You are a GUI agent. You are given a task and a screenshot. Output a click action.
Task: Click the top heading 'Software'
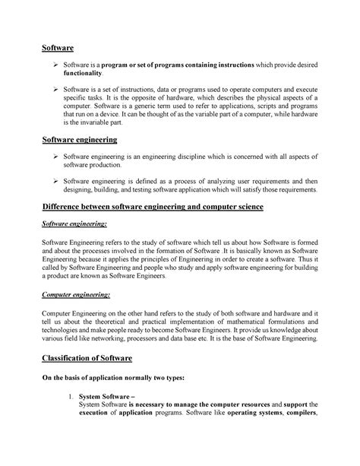(x=58, y=48)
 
